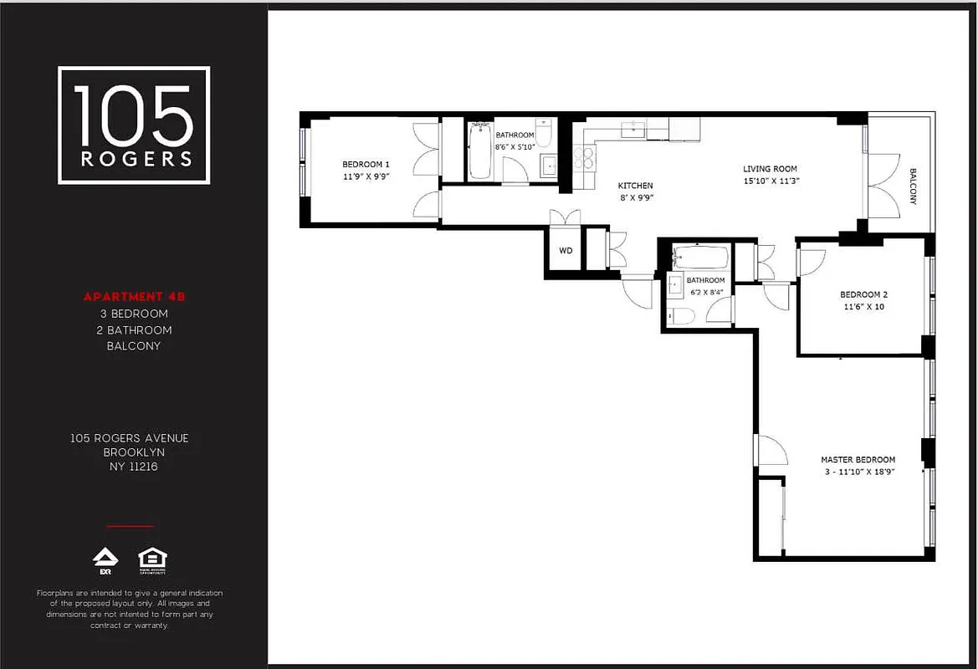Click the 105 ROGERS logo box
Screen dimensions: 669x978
click(134, 125)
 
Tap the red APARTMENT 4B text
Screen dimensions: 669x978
click(134, 297)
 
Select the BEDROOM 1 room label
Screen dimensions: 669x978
click(366, 164)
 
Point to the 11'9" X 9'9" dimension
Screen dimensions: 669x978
click(366, 177)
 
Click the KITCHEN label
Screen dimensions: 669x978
click(635, 186)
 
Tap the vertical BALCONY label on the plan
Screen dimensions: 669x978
click(913, 187)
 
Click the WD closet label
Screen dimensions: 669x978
click(566, 250)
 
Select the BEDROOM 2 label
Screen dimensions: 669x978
click(863, 294)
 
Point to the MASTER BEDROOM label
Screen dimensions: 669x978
click(858, 460)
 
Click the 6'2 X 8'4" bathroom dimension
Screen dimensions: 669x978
click(705, 292)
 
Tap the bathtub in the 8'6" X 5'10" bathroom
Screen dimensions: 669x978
click(480, 151)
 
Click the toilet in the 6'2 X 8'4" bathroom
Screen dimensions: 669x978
click(680, 315)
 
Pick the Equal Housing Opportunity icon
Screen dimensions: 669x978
click(152, 559)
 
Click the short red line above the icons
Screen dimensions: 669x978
click(130, 527)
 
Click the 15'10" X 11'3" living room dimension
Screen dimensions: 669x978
click(771, 181)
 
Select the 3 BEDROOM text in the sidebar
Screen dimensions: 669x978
click(134, 314)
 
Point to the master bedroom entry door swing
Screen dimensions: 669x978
click(771, 452)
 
